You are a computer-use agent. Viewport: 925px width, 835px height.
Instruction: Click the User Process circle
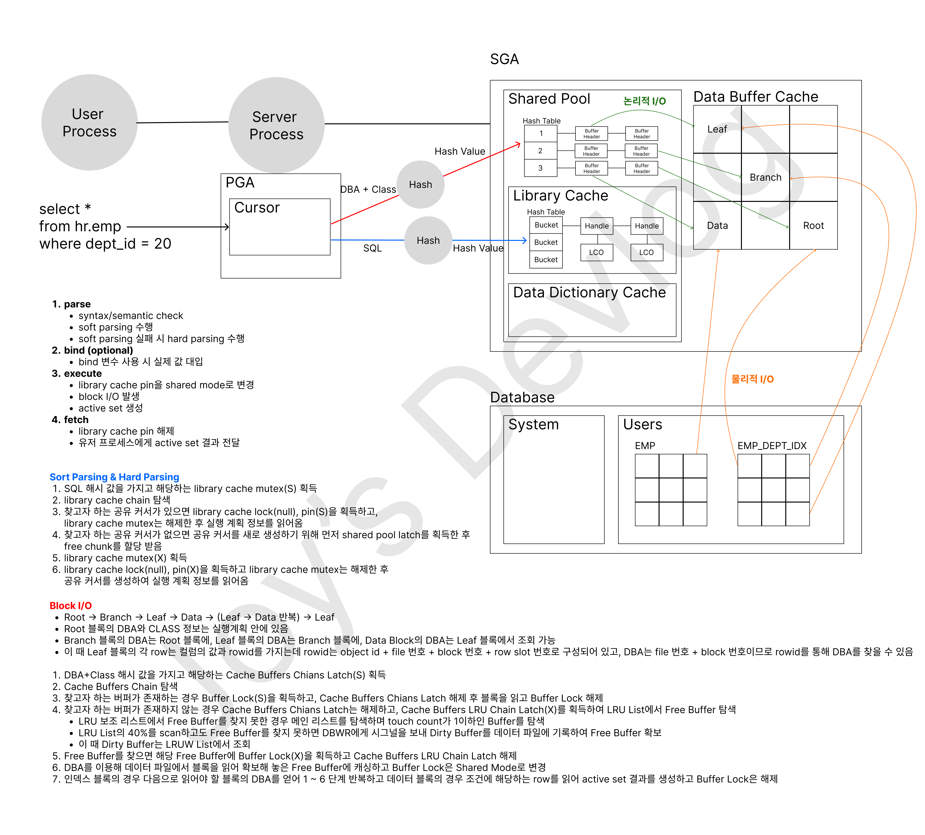click(x=89, y=122)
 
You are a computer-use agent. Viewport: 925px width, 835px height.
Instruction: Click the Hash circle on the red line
click(x=420, y=185)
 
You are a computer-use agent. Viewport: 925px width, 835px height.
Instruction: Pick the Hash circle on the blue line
click(x=428, y=240)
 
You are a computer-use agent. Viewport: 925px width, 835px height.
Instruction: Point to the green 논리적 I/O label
click(x=644, y=101)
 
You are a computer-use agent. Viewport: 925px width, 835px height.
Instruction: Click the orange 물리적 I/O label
click(x=753, y=379)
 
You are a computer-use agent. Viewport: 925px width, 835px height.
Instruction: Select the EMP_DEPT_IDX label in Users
click(x=772, y=445)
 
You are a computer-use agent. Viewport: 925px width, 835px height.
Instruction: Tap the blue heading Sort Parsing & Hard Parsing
click(x=114, y=477)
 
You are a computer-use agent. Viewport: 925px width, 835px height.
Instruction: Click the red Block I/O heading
click(x=71, y=606)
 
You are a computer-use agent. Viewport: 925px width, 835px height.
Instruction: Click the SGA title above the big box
click(x=504, y=59)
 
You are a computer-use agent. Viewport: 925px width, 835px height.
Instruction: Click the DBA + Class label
click(x=368, y=190)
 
